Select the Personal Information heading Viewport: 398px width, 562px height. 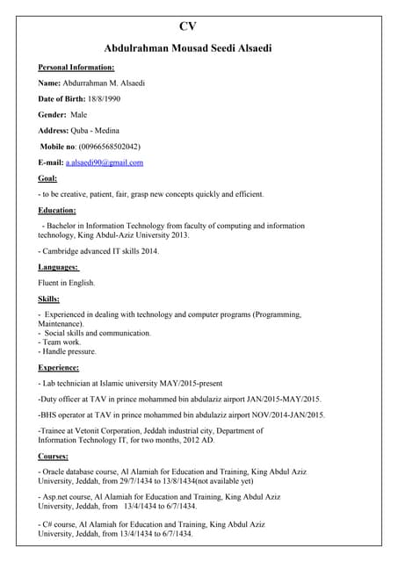tap(76, 67)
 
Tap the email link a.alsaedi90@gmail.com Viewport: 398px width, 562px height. tap(105, 162)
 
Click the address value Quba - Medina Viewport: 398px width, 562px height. tap(107, 130)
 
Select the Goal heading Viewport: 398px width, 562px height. tap(47, 178)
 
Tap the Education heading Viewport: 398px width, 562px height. tap(57, 211)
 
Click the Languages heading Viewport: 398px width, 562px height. tap(58, 267)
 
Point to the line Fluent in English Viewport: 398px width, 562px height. tap(67, 283)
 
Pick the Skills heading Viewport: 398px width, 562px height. tap(49, 299)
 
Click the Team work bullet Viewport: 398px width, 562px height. tap(61, 342)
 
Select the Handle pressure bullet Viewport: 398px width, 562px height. tap(69, 351)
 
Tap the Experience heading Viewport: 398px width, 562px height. tap(59, 367)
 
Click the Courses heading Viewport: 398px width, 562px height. tap(54, 457)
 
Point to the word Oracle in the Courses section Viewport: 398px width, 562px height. tap(56, 472)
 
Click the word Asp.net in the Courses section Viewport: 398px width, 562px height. tap(58, 497)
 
